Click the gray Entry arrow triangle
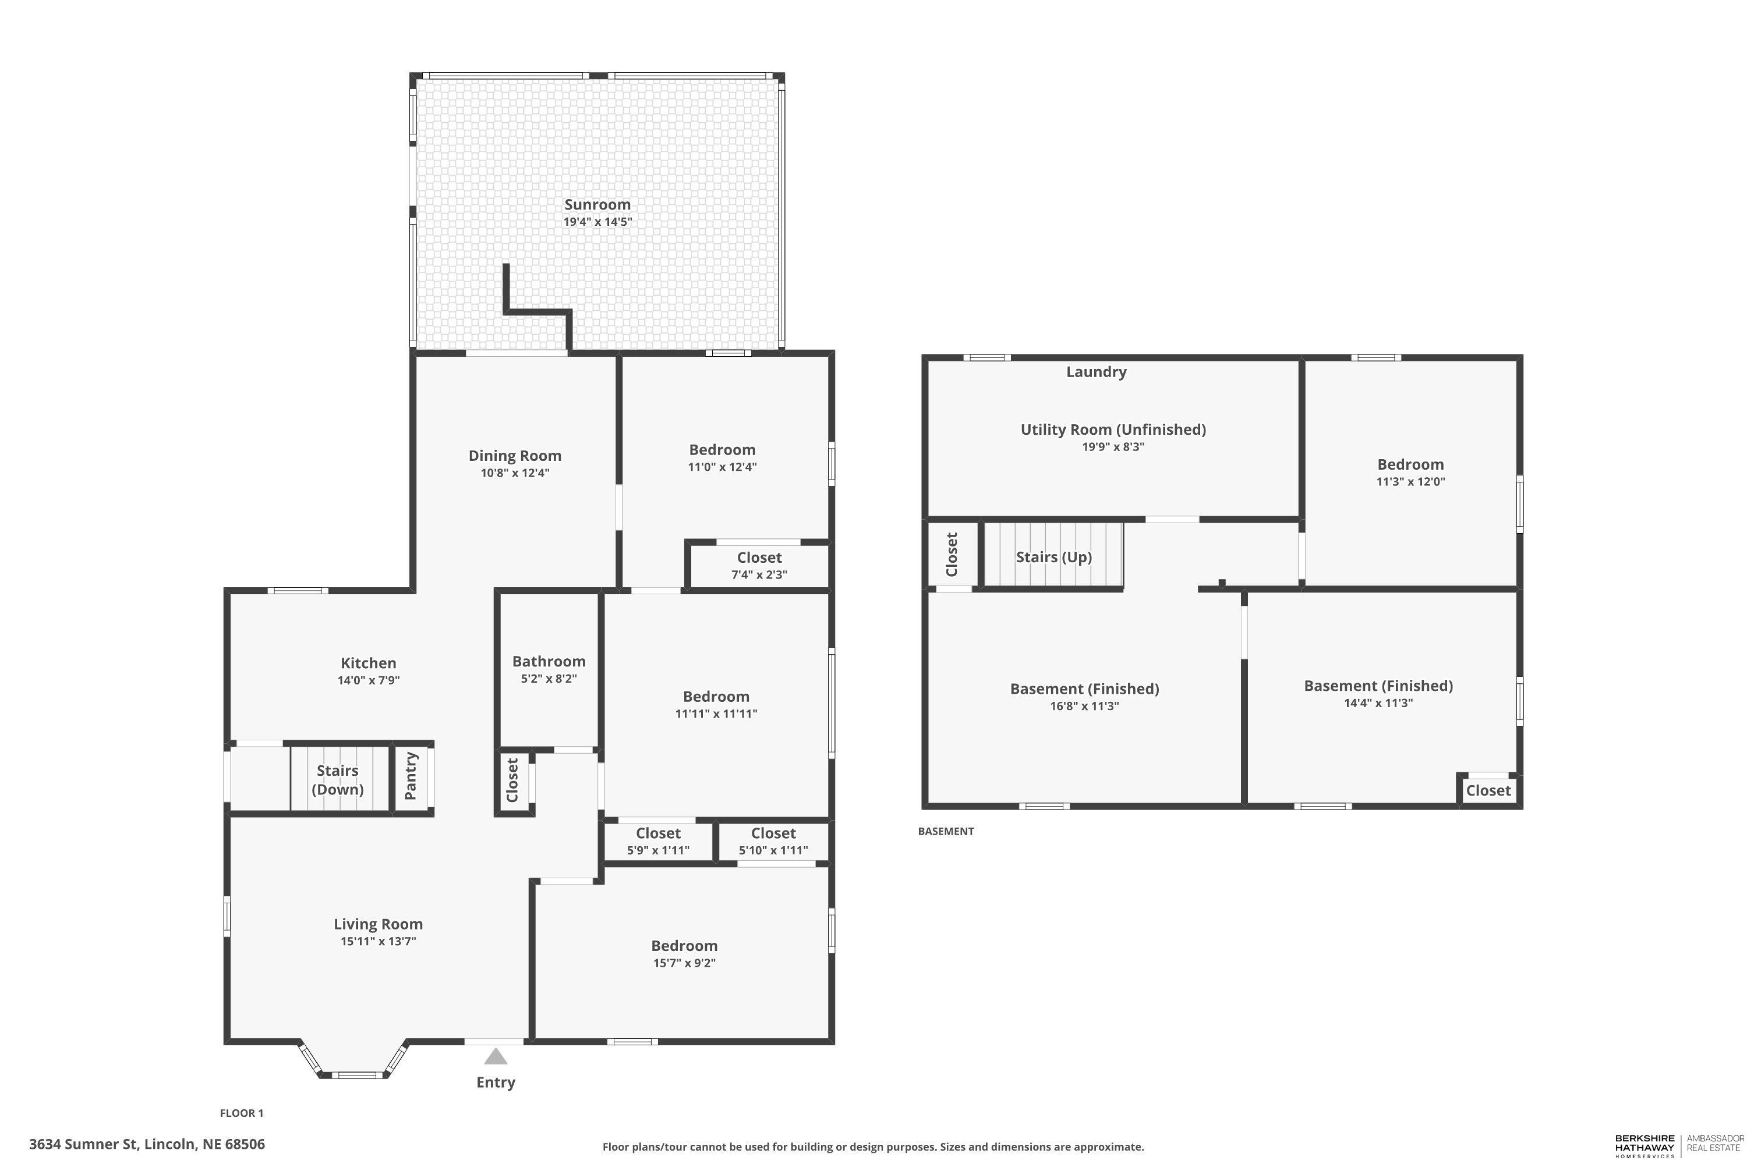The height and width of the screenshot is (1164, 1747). pyautogui.click(x=496, y=1056)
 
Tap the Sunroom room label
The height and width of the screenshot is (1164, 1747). pyautogui.click(x=597, y=204)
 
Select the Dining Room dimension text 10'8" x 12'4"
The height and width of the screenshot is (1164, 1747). pyautogui.click(x=515, y=473)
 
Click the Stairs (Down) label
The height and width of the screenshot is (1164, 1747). pyautogui.click(x=337, y=779)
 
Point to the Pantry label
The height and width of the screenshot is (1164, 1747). pyautogui.click(x=411, y=776)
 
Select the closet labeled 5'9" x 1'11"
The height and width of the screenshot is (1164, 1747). pyautogui.click(x=658, y=841)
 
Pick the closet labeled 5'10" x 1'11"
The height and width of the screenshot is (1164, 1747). pyautogui.click(x=773, y=841)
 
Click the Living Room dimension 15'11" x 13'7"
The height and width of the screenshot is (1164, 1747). pyautogui.click(x=378, y=941)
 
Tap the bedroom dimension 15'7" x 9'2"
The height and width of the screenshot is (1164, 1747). pyautogui.click(x=684, y=963)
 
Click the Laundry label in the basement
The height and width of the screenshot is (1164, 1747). pyautogui.click(x=1097, y=372)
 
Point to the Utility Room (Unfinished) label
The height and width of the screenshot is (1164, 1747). pyautogui.click(x=1113, y=429)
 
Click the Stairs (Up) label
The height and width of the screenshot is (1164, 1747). pyautogui.click(x=1053, y=557)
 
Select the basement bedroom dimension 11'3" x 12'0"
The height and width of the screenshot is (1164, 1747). pyautogui.click(x=1410, y=481)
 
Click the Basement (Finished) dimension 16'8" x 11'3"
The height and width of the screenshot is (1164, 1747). pyautogui.click(x=1084, y=706)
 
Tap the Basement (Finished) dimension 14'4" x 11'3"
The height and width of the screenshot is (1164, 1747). pyautogui.click(x=1378, y=703)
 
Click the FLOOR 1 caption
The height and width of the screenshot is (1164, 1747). pyautogui.click(x=242, y=1113)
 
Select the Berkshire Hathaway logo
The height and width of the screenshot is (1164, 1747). pyautogui.click(x=1645, y=1145)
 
